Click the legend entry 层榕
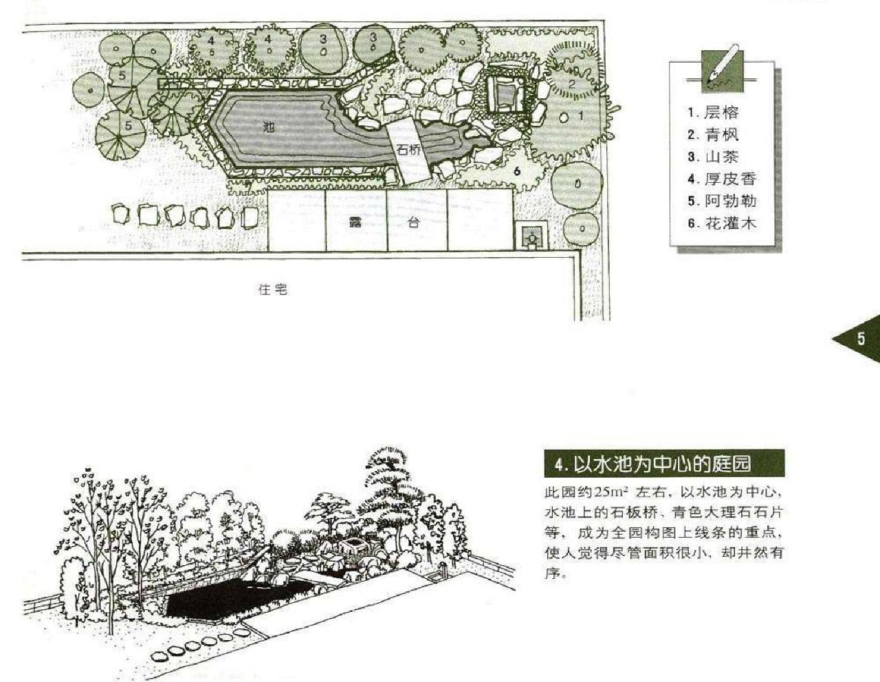720,113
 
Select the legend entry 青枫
720,135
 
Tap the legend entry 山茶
720,157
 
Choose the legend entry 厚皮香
729,179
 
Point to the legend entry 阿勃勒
729,201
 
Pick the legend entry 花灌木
729,223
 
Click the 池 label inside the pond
268,126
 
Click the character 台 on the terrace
413,223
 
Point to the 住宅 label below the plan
272,289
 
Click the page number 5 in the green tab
861,339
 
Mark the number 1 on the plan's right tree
580,116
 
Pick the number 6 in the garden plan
517,170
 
